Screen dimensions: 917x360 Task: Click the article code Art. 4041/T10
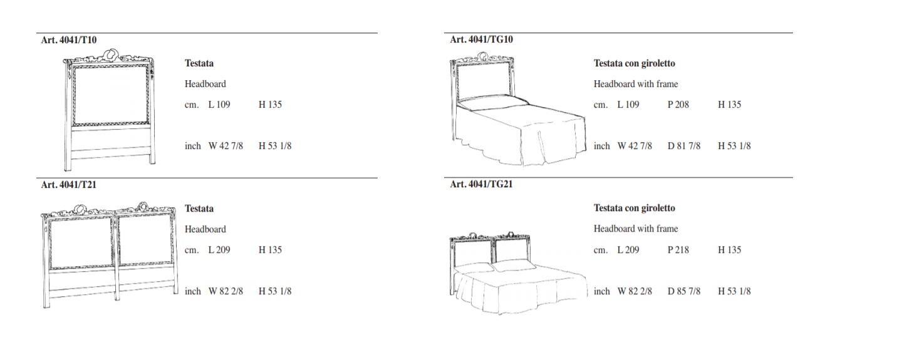pyautogui.click(x=69, y=40)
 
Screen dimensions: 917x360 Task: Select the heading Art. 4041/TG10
pyautogui.click(x=482, y=39)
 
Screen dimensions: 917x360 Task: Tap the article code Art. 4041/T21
pyautogui.click(x=69, y=185)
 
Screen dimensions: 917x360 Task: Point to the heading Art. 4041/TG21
pyautogui.click(x=482, y=185)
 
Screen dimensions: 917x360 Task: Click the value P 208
pyautogui.click(x=678, y=105)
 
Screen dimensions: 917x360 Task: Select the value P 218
pyautogui.click(x=678, y=250)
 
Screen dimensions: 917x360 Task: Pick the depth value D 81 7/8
pyautogui.click(x=684, y=146)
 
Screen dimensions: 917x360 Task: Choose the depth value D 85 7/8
pyautogui.click(x=684, y=291)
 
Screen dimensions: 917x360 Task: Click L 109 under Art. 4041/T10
pyautogui.click(x=219, y=105)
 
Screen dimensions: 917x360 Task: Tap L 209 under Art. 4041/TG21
pyautogui.click(x=628, y=250)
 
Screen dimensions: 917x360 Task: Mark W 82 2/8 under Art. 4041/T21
pyautogui.click(x=225, y=291)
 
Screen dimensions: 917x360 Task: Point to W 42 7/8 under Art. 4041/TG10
pyautogui.click(x=635, y=146)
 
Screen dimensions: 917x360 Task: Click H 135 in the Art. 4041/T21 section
pyautogui.click(x=270, y=250)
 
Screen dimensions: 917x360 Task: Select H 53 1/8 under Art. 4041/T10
pyautogui.click(x=275, y=146)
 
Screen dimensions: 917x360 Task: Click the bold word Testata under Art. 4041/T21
pyautogui.click(x=199, y=208)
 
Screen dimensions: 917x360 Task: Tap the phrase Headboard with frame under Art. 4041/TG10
pyautogui.click(x=636, y=85)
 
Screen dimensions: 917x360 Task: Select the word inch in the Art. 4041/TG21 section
pyautogui.click(x=602, y=291)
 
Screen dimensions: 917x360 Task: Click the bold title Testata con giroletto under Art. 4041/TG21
pyautogui.click(x=635, y=208)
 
